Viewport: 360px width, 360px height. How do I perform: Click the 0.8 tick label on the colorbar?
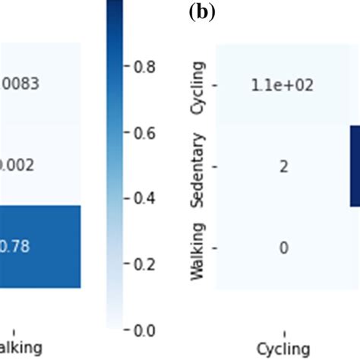145,66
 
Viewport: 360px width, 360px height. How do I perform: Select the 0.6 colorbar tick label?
145,132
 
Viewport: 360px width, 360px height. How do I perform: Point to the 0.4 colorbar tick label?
145,198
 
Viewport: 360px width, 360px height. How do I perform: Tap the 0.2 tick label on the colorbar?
145,264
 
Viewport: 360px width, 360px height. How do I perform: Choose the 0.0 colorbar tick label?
145,330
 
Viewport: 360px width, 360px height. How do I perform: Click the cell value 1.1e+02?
283,84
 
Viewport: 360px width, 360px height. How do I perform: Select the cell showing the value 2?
283,166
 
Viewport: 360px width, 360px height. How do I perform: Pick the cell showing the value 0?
283,248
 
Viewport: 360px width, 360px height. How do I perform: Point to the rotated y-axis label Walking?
199,250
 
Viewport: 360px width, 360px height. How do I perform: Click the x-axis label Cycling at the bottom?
283,348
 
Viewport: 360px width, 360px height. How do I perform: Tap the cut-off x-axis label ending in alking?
21,348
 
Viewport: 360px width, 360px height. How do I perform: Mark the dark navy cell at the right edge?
355,166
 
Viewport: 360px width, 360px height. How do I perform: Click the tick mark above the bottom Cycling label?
283,334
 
